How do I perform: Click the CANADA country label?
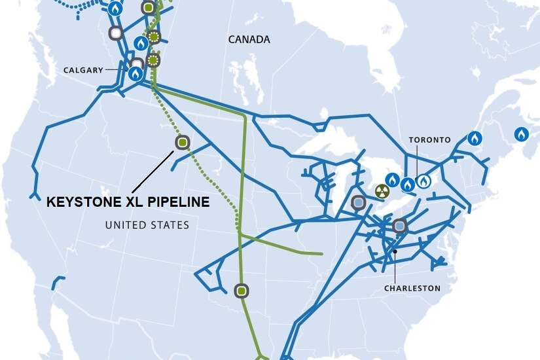pos(249,39)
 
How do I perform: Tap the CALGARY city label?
pos(83,70)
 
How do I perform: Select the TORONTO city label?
pos(429,139)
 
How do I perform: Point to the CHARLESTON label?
pos(412,288)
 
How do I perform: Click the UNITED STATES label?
pos(147,225)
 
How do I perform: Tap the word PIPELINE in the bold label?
pos(177,202)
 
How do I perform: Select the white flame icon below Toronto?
pos(423,181)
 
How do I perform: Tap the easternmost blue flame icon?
pos(521,135)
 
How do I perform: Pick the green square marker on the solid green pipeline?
pos(242,290)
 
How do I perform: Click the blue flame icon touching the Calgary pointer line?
pos(135,74)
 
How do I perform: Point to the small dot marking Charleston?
pos(395,251)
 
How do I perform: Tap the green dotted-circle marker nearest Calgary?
pos(153,61)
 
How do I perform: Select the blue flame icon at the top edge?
pos(115,9)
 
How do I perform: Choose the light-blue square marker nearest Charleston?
pos(399,226)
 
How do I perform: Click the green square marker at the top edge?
pos(149,8)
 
